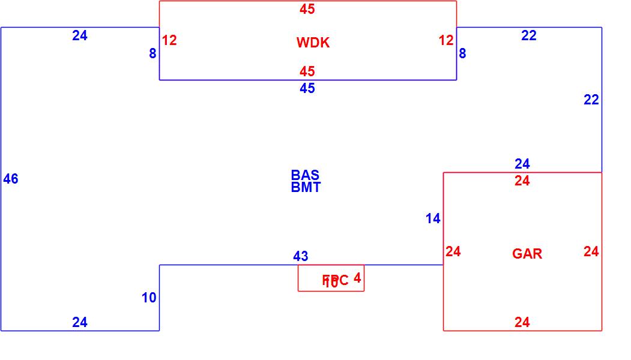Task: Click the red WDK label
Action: point(313,43)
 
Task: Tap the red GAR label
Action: point(527,254)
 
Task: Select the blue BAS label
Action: point(305,175)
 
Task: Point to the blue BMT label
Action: point(306,187)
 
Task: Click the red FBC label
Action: point(335,280)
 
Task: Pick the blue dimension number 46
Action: point(11,179)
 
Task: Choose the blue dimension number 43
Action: point(301,256)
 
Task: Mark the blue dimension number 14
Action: point(433,219)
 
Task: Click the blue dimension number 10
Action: point(149,298)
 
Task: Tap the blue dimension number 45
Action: point(307,88)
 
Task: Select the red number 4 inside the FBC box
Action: point(357,278)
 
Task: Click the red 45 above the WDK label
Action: point(307,9)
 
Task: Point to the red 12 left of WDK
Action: point(169,40)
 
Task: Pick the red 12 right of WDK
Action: point(445,40)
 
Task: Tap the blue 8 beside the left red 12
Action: point(152,53)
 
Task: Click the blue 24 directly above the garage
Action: point(522,163)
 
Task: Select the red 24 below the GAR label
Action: point(522,323)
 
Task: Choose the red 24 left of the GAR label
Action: point(453,252)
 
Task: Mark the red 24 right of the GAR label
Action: point(591,252)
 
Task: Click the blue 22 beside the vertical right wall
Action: point(591,100)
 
